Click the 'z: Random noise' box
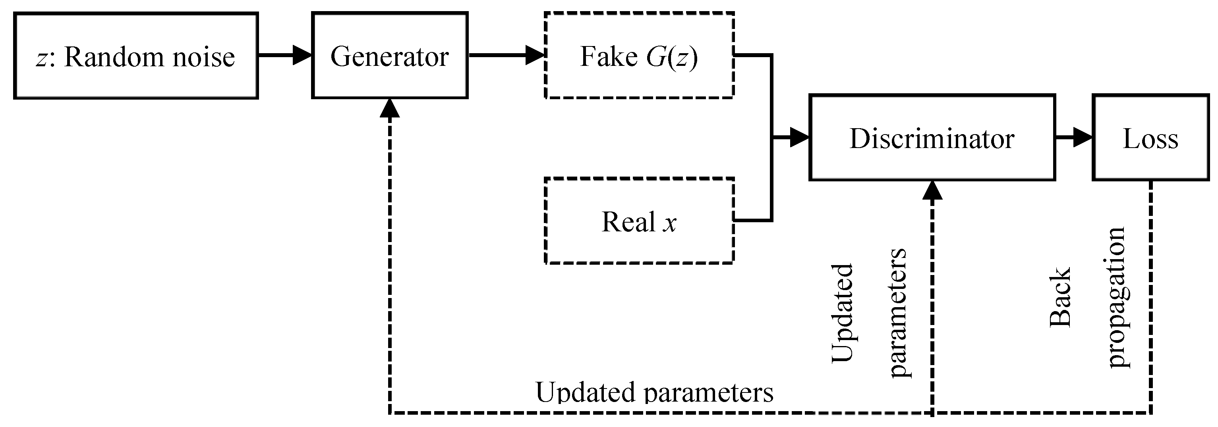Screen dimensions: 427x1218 (136, 56)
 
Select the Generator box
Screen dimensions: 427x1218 (390, 56)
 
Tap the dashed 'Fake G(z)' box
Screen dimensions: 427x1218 (639, 56)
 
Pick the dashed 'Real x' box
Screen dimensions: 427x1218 (639, 221)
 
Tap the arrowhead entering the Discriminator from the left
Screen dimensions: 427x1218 (799, 137)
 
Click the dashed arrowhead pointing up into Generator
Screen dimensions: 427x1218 (390, 109)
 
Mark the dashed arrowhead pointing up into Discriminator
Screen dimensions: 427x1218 (932, 190)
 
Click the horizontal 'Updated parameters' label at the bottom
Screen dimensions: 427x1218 (654, 392)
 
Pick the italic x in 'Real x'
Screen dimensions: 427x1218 (669, 223)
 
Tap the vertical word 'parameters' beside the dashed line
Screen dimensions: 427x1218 (898, 313)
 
